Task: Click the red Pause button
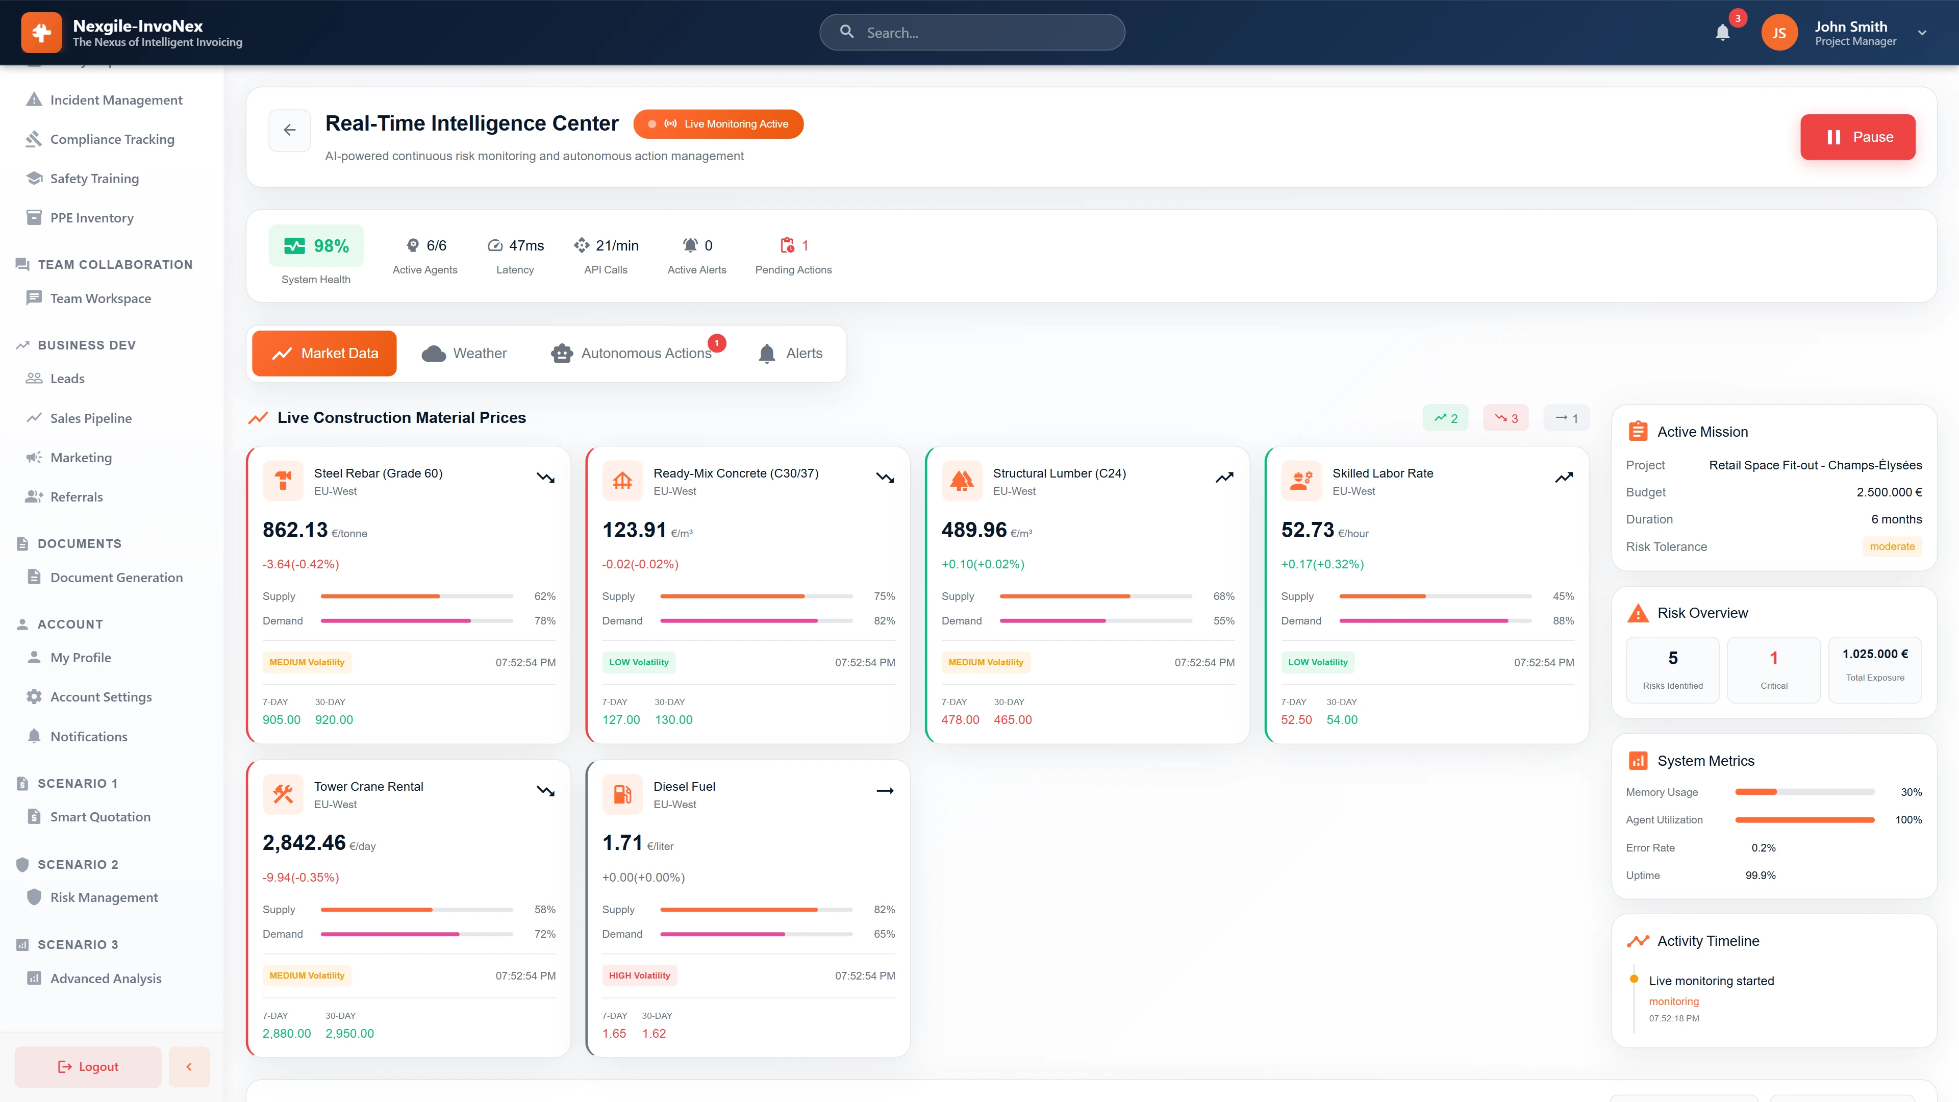click(x=1857, y=137)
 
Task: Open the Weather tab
click(x=464, y=354)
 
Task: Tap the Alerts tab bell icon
click(x=767, y=354)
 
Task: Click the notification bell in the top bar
click(x=1722, y=33)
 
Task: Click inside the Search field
click(x=981, y=33)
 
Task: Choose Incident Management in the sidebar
click(x=116, y=99)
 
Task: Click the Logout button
click(x=88, y=1066)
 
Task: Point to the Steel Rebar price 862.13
click(x=295, y=530)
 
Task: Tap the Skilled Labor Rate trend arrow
click(x=1564, y=478)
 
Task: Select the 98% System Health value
click(x=331, y=245)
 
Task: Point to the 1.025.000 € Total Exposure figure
click(x=1875, y=654)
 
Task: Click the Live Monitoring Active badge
click(x=718, y=124)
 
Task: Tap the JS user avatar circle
click(x=1779, y=33)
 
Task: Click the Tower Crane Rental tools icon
click(x=283, y=794)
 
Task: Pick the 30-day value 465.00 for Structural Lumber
click(x=1012, y=719)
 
